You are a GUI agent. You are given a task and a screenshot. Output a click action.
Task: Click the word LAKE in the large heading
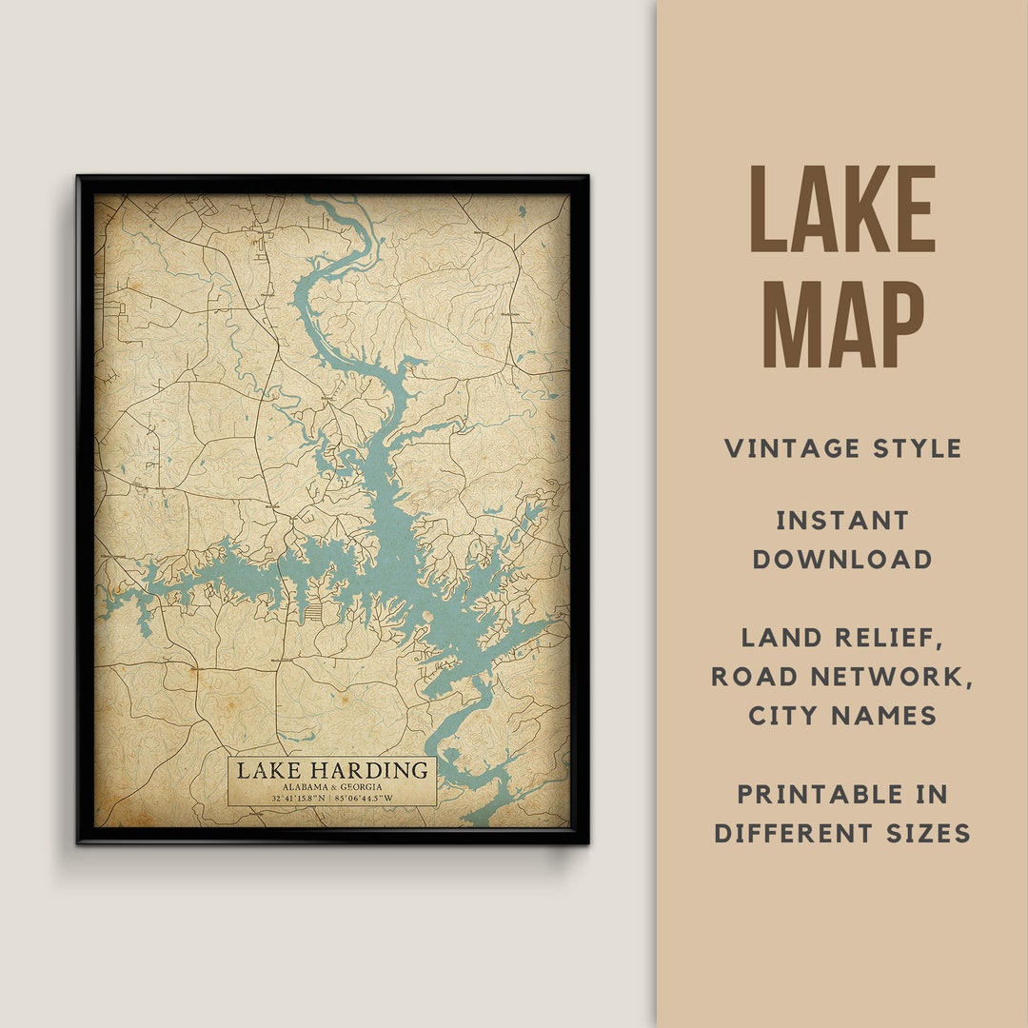pos(842,209)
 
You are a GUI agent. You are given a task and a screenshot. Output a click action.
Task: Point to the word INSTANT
pos(842,521)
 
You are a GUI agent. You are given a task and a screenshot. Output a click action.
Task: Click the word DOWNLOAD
pos(842,560)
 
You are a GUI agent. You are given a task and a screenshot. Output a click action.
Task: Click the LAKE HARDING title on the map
pos(332,769)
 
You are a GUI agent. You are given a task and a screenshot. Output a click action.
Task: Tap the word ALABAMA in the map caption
pos(306,786)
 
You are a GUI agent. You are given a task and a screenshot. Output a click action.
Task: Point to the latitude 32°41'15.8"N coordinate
pos(297,798)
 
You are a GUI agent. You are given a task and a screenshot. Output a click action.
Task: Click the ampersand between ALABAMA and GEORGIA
pos(334,786)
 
